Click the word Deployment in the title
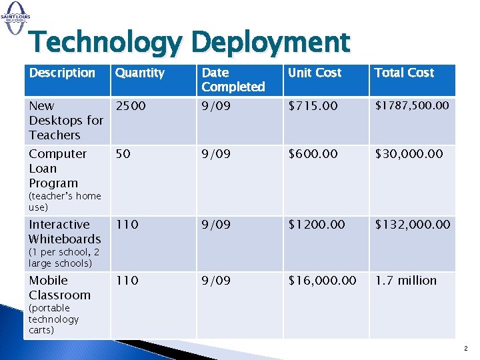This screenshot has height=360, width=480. tap(270, 43)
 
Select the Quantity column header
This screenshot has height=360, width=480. tap(140, 73)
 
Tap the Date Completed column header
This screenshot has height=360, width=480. tap(233, 79)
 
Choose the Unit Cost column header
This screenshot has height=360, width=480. tap(315, 73)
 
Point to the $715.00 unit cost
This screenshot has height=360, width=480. tap(313, 106)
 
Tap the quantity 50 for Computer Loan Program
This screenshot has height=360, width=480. tap(122, 154)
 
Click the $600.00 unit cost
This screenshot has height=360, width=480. tap(313, 154)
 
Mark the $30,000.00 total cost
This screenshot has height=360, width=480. tap(409, 154)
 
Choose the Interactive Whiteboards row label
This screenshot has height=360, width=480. tap(64, 231)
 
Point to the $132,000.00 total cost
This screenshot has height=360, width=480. tap(413, 225)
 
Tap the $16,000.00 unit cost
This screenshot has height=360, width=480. tap(322, 281)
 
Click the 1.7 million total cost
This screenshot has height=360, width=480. tap(406, 281)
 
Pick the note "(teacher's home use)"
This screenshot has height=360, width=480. tap(64, 201)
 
